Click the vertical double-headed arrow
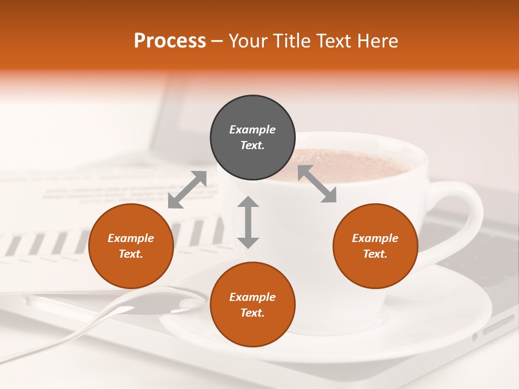click(x=248, y=222)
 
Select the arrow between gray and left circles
click(x=187, y=189)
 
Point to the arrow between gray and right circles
click(x=317, y=184)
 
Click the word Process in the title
click(x=170, y=41)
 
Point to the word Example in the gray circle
click(x=252, y=130)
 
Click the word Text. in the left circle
click(x=131, y=254)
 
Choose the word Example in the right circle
click(x=375, y=238)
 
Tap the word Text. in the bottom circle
click(x=252, y=313)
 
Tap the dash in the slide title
click(x=217, y=41)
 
